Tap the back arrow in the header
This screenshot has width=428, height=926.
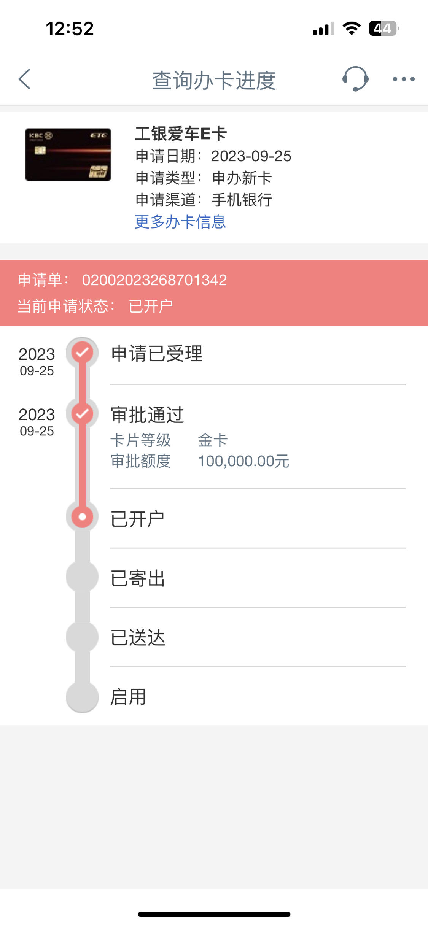point(24,79)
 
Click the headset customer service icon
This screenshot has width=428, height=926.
point(355,79)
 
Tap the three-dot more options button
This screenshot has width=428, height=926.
point(404,79)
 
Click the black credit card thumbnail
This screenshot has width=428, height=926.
point(68,155)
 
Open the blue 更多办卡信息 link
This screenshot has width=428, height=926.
point(180,222)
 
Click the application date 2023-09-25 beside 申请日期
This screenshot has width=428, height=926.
point(251,156)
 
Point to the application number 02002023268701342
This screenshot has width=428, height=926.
point(154,280)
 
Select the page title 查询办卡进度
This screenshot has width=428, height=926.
point(214,80)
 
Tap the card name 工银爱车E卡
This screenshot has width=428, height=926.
point(181,134)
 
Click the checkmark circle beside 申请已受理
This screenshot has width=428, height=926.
point(82,353)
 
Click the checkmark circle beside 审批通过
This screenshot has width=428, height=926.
point(82,413)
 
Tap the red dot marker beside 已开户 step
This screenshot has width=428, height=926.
point(82,517)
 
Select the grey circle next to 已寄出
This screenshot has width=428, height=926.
point(82,577)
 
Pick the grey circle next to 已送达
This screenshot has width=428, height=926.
point(82,637)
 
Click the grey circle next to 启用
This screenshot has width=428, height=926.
point(82,697)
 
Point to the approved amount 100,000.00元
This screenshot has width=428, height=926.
point(243,461)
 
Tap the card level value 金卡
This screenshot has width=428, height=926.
point(213,440)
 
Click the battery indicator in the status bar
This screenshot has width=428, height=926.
point(384,29)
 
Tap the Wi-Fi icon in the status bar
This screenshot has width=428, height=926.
point(352,29)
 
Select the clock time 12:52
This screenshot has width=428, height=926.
point(70,29)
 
